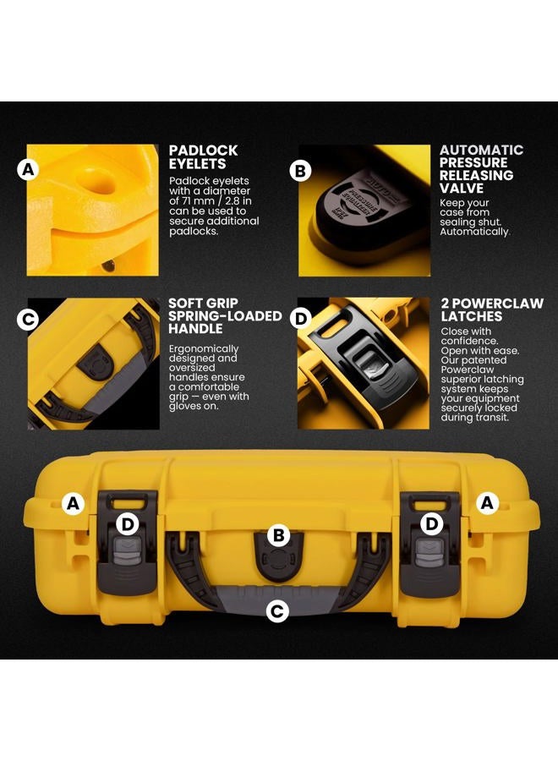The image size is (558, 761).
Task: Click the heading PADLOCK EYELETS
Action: click(203, 156)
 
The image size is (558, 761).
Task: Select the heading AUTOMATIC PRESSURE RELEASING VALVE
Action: click(481, 169)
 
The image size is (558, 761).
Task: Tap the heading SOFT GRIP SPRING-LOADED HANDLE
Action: click(225, 316)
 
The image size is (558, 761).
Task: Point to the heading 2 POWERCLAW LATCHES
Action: click(492, 309)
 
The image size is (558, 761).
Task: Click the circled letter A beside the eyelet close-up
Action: click(28, 170)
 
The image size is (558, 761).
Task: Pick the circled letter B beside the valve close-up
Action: click(300, 171)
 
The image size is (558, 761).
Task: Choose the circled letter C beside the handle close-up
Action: click(27, 320)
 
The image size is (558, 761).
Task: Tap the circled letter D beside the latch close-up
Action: click(301, 320)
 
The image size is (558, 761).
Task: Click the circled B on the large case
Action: click(278, 535)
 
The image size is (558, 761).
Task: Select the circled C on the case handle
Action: click(277, 611)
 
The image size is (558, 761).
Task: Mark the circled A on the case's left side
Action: click(74, 503)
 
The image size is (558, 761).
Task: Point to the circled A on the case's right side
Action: click(487, 503)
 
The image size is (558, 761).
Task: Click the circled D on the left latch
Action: click(127, 524)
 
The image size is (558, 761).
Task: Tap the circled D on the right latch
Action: click(431, 523)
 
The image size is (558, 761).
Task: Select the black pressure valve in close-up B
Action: click(362, 209)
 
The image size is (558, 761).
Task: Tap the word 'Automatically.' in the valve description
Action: click(475, 232)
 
